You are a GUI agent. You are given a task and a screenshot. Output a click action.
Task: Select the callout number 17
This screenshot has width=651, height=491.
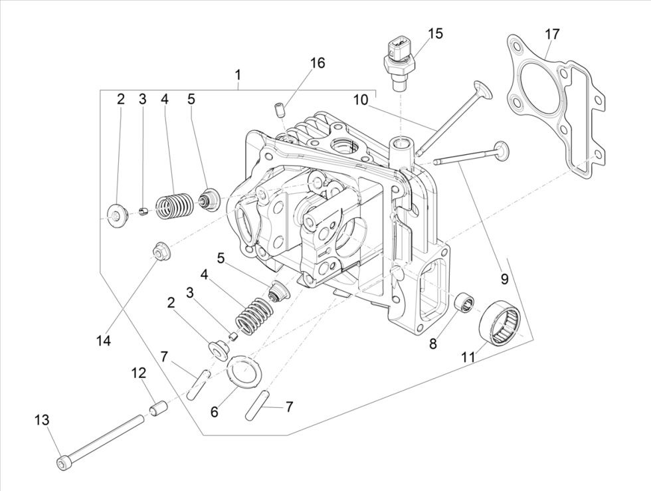[552, 33]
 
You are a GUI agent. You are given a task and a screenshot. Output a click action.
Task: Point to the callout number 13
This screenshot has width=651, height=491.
[41, 420]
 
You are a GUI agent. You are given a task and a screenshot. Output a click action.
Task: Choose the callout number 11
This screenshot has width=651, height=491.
[468, 357]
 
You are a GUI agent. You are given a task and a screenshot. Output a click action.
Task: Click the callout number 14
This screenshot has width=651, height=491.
[102, 340]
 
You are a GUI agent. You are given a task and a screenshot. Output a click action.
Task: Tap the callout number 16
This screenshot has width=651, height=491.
[318, 62]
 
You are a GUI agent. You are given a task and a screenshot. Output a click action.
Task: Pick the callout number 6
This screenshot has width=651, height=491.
[214, 412]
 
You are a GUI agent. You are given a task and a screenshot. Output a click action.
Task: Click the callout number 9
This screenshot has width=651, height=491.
[504, 279]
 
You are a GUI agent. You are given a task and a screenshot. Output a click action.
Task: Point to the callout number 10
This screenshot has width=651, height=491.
[360, 100]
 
